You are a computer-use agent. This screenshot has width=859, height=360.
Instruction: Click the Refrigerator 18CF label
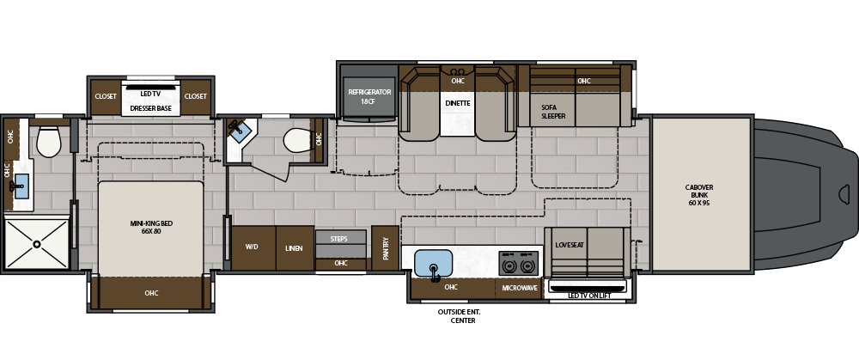pyautogui.click(x=369, y=97)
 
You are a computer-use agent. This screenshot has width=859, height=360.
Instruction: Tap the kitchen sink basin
pyautogui.click(x=433, y=263)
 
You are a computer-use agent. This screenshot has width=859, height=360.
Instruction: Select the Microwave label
pyautogui.click(x=520, y=288)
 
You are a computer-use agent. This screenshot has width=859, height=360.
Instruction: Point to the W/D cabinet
pyautogui.click(x=253, y=247)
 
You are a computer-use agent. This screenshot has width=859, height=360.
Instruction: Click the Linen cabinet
pyautogui.click(x=295, y=247)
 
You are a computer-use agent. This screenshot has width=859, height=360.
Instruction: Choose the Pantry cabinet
pyautogui.click(x=385, y=247)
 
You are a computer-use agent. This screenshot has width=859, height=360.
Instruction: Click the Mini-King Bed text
pyautogui.click(x=152, y=228)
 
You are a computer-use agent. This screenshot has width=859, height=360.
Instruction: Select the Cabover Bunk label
pyautogui.click(x=699, y=195)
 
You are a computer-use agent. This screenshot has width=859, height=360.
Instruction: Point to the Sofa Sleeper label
pyautogui.click(x=553, y=112)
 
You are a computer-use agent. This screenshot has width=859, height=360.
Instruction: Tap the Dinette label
pyautogui.click(x=458, y=103)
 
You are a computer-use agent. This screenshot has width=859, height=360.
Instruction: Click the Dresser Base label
pyautogui.click(x=150, y=108)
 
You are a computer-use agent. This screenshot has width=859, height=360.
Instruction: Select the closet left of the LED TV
pyautogui.click(x=105, y=97)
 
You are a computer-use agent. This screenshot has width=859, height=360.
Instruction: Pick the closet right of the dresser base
pyautogui.click(x=196, y=97)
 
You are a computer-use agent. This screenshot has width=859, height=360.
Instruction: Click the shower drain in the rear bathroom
pyautogui.click(x=37, y=244)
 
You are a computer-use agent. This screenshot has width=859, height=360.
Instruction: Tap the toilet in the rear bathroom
pyautogui.click(x=49, y=142)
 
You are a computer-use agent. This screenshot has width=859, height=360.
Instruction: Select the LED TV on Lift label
pyautogui.click(x=589, y=296)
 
